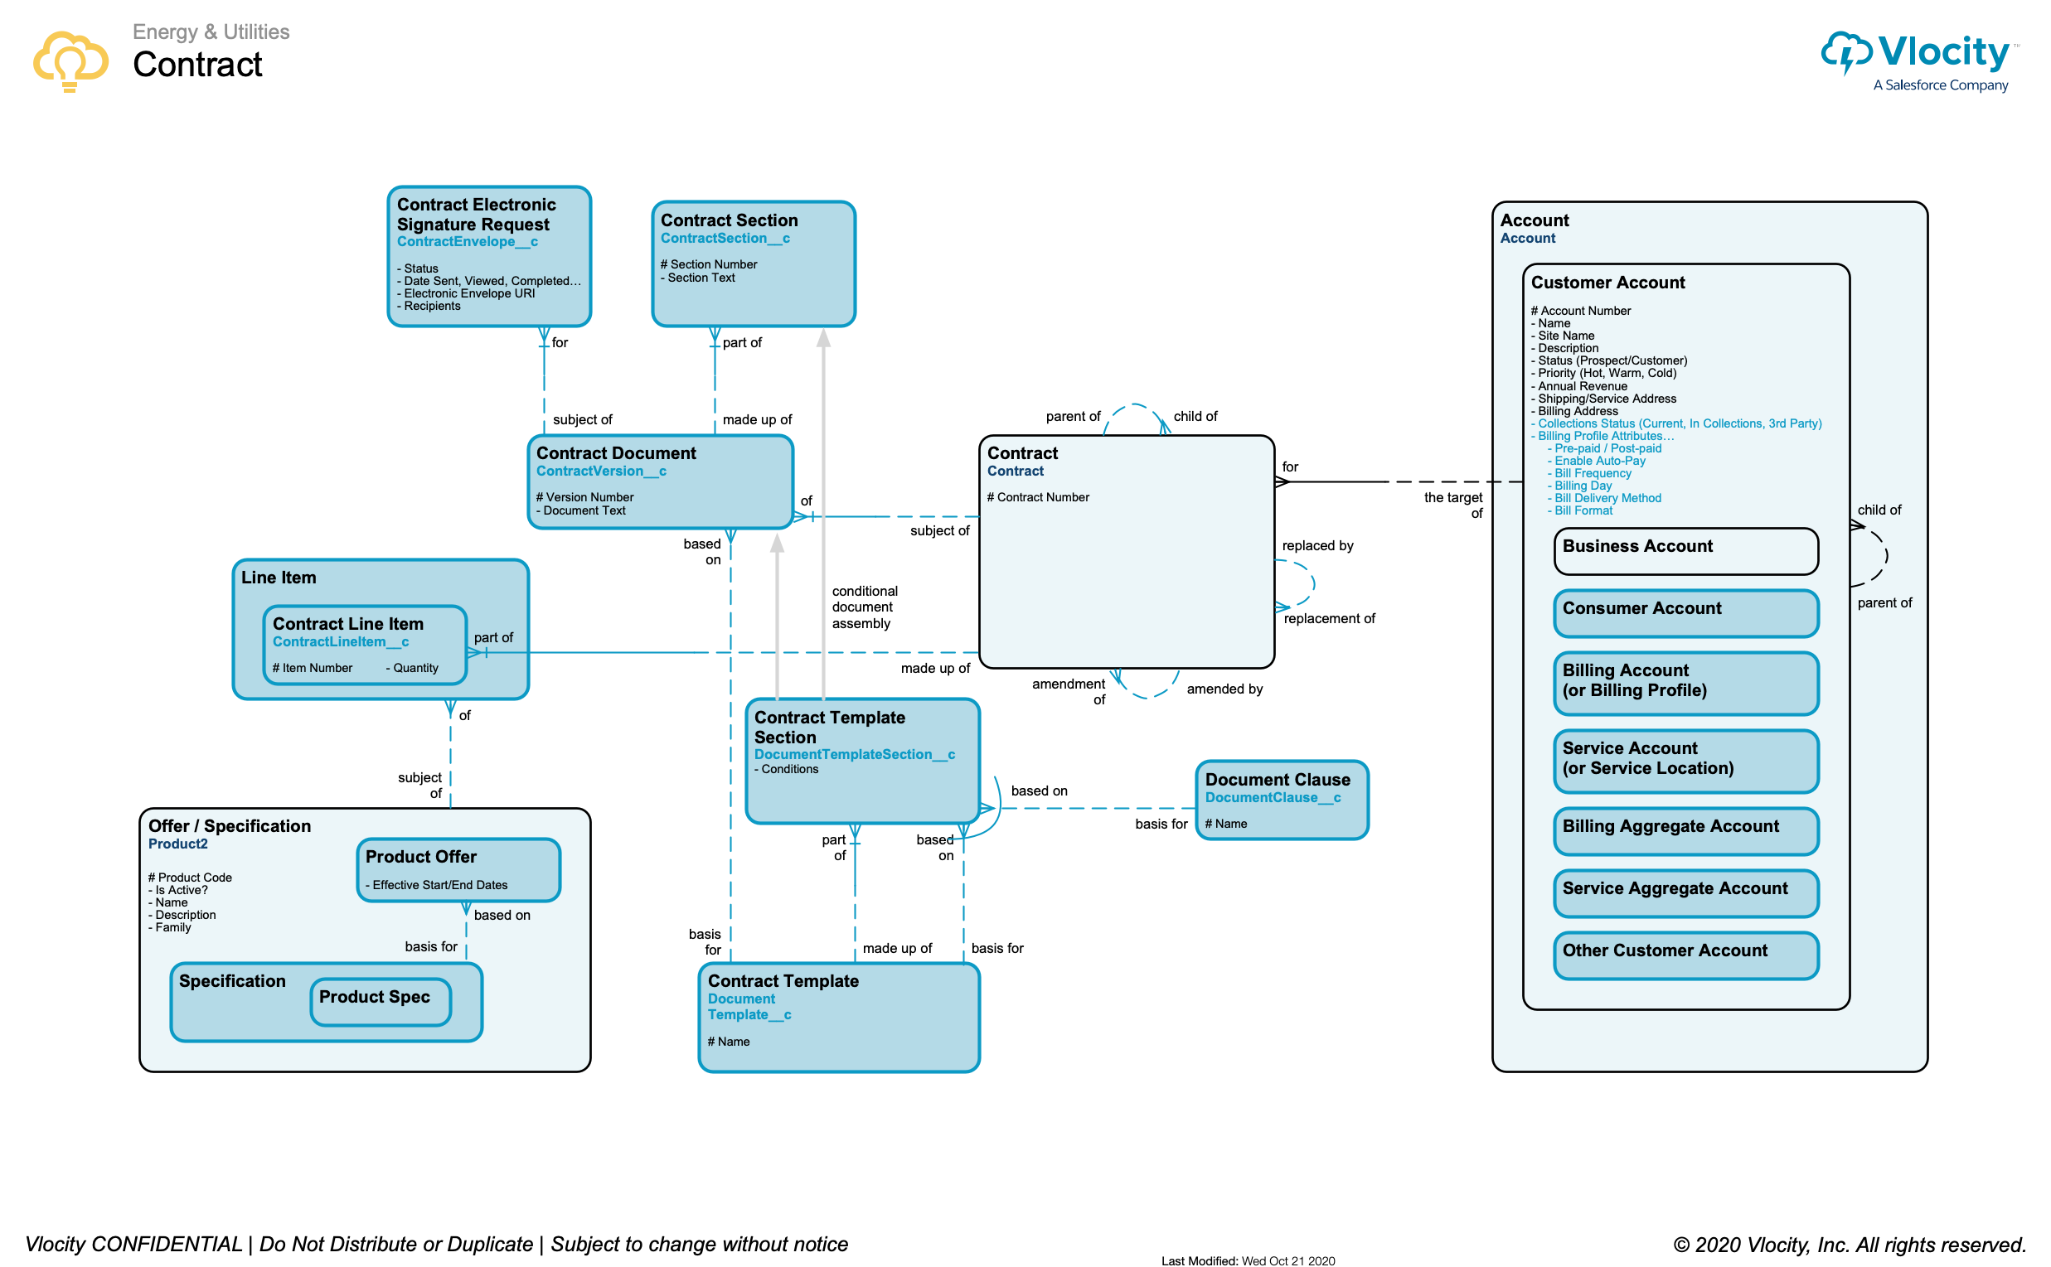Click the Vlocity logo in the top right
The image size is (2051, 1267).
pyautogui.click(x=1919, y=59)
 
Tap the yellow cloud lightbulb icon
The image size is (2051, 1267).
pyautogui.click(x=70, y=60)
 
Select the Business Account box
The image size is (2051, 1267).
pyautogui.click(x=1685, y=550)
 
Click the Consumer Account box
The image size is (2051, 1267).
pyautogui.click(x=1685, y=612)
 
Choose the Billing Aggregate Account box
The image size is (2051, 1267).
pyautogui.click(x=1685, y=830)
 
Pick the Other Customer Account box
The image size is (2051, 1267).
pyautogui.click(x=1685, y=955)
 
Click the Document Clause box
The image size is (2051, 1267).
pyautogui.click(x=1281, y=800)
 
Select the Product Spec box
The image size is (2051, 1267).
pyautogui.click(x=381, y=1000)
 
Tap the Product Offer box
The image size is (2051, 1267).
pyautogui.click(x=458, y=869)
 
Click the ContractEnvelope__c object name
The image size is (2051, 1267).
pyautogui.click(x=467, y=241)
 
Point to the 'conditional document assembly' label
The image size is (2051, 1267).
pyautogui.click(x=864, y=607)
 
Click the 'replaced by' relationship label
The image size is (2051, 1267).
pyautogui.click(x=1316, y=545)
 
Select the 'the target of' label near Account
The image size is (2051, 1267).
pyautogui.click(x=1454, y=505)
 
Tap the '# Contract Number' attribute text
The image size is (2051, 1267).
pyautogui.click(x=1038, y=497)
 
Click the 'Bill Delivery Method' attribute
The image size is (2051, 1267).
pyautogui.click(x=1607, y=498)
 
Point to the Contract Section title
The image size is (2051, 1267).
pyautogui.click(x=729, y=220)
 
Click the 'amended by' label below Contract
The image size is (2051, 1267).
pyautogui.click(x=1224, y=689)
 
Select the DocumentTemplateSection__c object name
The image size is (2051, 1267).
pyautogui.click(x=853, y=754)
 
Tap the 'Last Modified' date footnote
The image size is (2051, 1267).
pyautogui.click(x=1247, y=1260)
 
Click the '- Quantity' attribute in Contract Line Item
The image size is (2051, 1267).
pyautogui.click(x=411, y=668)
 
